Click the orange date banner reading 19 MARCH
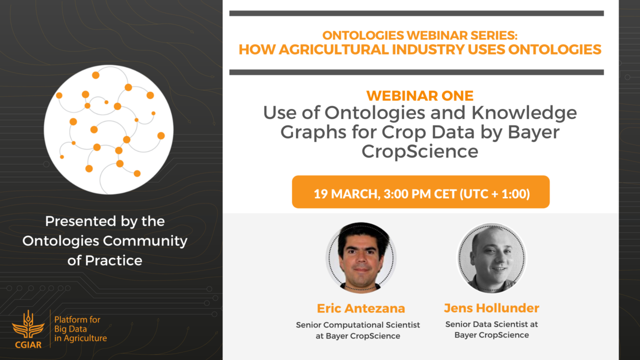tap(420, 191)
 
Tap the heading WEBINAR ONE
tap(419, 95)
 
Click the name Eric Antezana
tap(361, 308)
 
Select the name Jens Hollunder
tap(491, 308)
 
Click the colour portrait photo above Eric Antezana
tap(361, 257)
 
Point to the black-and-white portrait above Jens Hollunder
tap(491, 258)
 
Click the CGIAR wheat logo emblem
tap(28, 329)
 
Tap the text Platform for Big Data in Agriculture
tap(80, 329)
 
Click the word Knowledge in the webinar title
tap(524, 113)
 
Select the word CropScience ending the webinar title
tap(419, 151)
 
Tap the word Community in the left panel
tap(145, 241)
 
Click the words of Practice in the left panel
tap(105, 260)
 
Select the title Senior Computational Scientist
tap(357, 325)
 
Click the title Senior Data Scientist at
tap(491, 324)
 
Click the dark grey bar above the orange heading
tap(416, 13)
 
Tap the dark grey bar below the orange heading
tap(416, 72)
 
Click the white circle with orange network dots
tap(108, 129)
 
